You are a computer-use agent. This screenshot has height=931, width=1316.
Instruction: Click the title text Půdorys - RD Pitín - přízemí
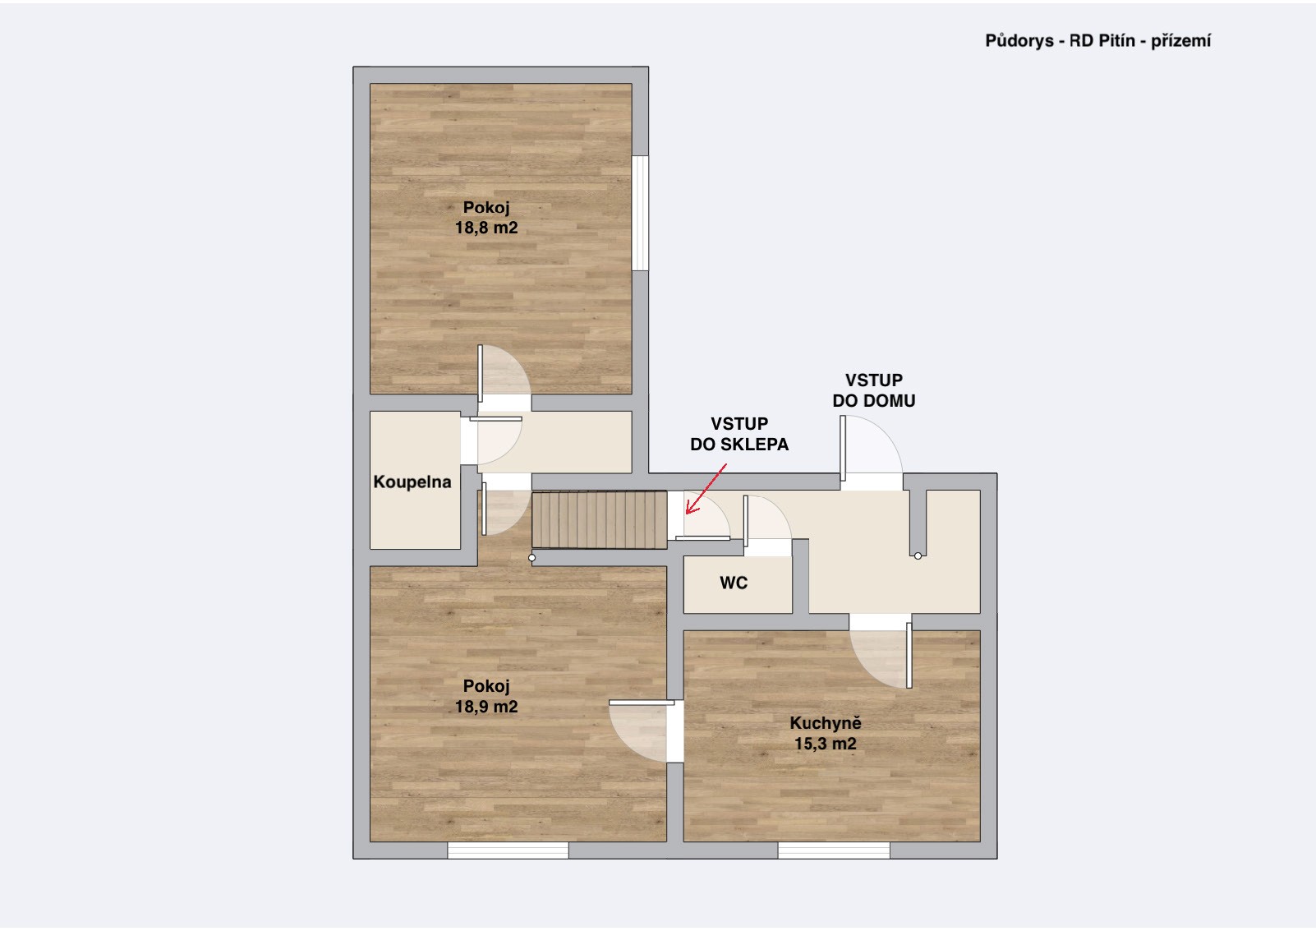click(1097, 41)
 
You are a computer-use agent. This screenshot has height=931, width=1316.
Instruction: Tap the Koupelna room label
click(412, 482)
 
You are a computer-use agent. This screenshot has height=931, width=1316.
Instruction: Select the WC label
click(734, 583)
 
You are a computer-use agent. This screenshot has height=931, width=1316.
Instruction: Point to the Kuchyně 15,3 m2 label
click(826, 733)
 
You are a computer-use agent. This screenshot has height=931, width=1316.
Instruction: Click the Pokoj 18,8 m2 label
click(486, 218)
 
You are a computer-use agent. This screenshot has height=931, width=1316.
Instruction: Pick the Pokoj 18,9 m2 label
click(486, 696)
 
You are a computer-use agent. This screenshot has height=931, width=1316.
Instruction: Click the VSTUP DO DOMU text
click(873, 390)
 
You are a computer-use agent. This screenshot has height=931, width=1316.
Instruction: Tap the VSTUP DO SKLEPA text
click(739, 434)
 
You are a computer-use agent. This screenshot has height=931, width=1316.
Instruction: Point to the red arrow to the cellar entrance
click(706, 489)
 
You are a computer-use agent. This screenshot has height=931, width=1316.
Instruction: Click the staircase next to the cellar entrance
click(599, 521)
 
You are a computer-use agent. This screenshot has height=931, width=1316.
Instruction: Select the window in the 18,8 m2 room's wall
click(641, 213)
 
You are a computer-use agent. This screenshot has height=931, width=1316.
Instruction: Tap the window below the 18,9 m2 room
click(508, 850)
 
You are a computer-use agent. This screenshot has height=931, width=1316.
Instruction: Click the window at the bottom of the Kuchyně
click(834, 850)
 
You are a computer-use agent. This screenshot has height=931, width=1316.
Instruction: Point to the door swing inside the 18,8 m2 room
click(504, 374)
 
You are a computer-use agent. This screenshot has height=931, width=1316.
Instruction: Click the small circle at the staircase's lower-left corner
click(531, 557)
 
